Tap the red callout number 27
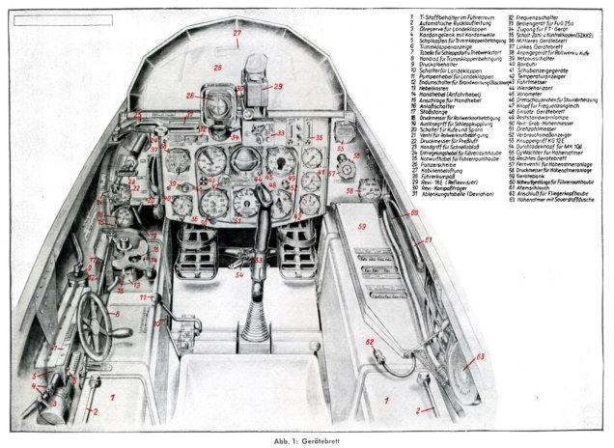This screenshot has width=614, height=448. click(x=237, y=34)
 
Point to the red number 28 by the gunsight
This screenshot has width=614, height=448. click(x=191, y=95)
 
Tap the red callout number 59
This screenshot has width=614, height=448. click(x=363, y=227)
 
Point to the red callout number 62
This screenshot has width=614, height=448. click(x=369, y=342)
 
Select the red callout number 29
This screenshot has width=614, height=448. click(x=279, y=87)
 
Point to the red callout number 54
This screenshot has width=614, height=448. click(x=239, y=275)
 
